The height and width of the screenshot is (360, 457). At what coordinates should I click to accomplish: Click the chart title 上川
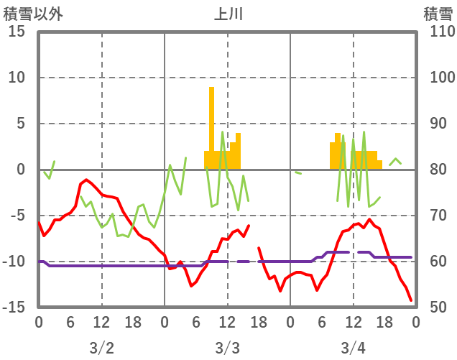coord(228,14)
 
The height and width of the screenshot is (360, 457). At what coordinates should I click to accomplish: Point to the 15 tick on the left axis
coord(17,32)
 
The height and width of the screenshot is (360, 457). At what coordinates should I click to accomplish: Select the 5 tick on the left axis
coord(21,124)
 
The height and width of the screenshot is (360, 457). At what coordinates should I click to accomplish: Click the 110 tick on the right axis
coord(438,32)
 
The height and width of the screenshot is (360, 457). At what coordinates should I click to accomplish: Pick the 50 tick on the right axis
coord(434,308)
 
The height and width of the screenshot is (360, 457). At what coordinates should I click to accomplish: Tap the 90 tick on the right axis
coord(434,124)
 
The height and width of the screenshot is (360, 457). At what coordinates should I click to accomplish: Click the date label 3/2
coord(101,349)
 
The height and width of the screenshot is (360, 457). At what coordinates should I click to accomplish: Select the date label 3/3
coord(227,349)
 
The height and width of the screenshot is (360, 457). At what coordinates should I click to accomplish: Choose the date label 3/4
coord(353,349)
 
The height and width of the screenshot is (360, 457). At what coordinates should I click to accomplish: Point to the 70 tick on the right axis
coord(434,216)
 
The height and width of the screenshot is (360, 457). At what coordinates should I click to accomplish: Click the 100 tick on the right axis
coord(438,78)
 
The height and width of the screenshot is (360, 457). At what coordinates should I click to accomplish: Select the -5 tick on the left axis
coord(17,216)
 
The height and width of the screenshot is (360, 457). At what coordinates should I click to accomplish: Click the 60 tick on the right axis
coord(434,262)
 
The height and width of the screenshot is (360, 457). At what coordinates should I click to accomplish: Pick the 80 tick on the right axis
coord(434,170)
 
